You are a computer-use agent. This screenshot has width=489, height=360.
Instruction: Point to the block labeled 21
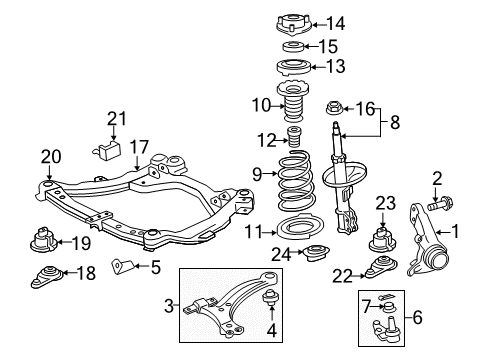[107, 150]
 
